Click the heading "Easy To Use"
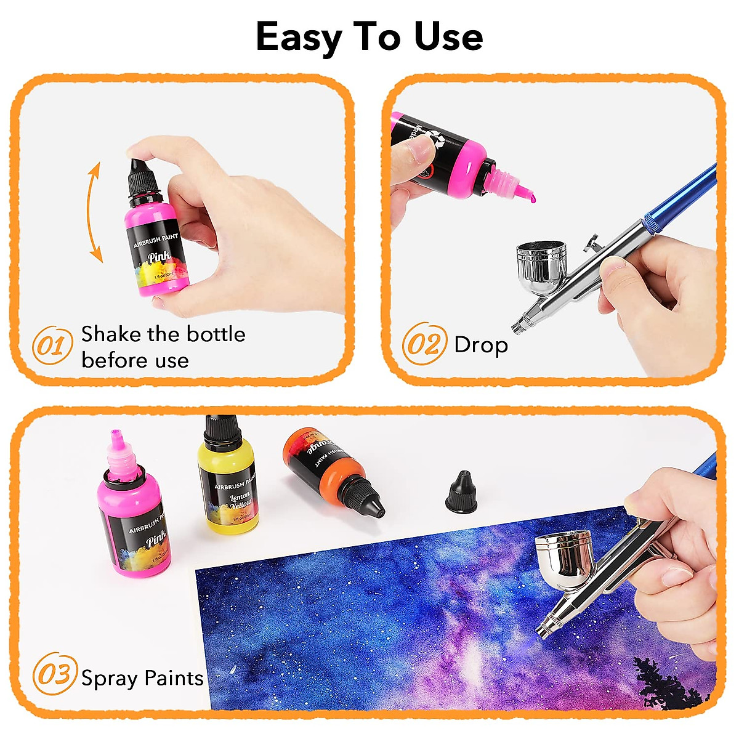click(x=369, y=38)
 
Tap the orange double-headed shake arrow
click(x=94, y=212)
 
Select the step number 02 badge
click(x=424, y=344)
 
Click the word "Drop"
click(x=480, y=345)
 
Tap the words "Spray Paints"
click(x=142, y=678)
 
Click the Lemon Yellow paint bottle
click(x=227, y=480)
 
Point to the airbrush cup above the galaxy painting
click(x=564, y=554)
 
